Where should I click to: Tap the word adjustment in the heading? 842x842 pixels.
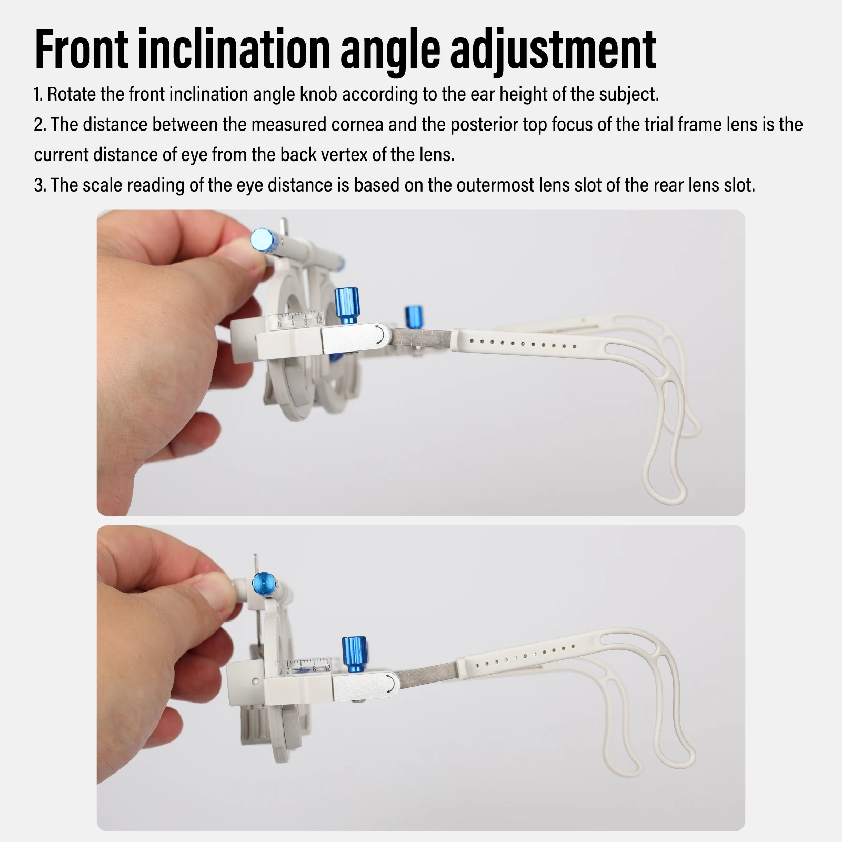coord(553,51)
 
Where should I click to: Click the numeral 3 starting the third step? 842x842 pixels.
coord(38,185)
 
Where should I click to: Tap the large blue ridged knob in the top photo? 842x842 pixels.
coord(346,305)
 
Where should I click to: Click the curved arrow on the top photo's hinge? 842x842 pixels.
coord(379,335)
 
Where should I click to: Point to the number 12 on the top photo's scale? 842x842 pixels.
coord(319,319)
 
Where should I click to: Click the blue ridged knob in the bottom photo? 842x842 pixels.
coord(355,654)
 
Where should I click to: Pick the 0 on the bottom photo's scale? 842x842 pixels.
coord(288,671)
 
